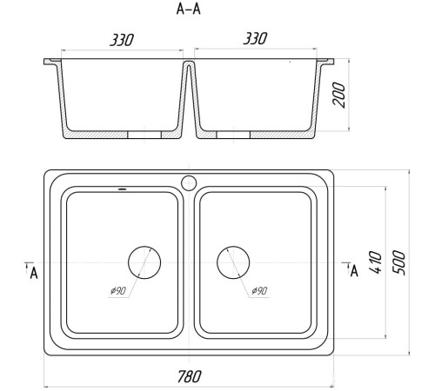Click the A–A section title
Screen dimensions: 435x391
click(x=189, y=9)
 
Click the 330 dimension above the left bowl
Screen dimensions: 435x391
click(x=122, y=40)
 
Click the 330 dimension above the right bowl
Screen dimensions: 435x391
click(x=255, y=38)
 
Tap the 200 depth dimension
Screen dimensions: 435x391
click(x=339, y=95)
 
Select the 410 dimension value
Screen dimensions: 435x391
click(x=376, y=262)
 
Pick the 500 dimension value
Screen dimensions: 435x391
click(x=398, y=262)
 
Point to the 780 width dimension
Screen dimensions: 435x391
click(x=189, y=376)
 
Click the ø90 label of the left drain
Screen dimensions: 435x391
click(x=118, y=290)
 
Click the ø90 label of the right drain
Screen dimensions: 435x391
click(x=259, y=290)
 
